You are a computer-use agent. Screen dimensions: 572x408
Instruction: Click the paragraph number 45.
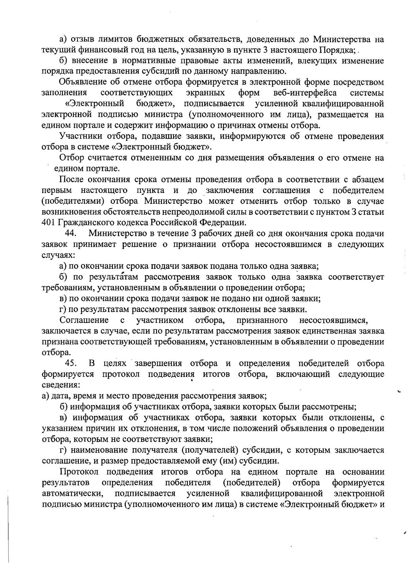click(70, 364)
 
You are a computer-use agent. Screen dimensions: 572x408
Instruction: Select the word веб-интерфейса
click(305, 93)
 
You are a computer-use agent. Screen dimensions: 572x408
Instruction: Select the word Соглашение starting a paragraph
click(84, 320)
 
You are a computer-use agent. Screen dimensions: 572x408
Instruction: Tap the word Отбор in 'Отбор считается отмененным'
click(70, 158)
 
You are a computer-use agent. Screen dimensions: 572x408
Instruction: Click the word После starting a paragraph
click(71, 180)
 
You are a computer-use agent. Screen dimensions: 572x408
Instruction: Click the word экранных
click(206, 93)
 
